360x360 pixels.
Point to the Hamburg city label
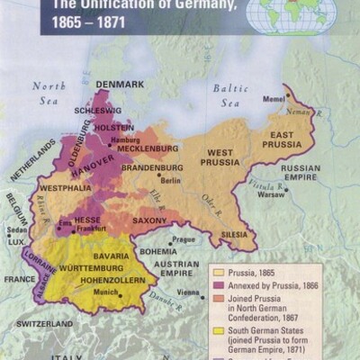click(125, 140)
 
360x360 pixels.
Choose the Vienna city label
click(189, 292)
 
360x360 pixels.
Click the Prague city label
click(184, 239)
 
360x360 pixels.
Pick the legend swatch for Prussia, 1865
click(218, 270)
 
